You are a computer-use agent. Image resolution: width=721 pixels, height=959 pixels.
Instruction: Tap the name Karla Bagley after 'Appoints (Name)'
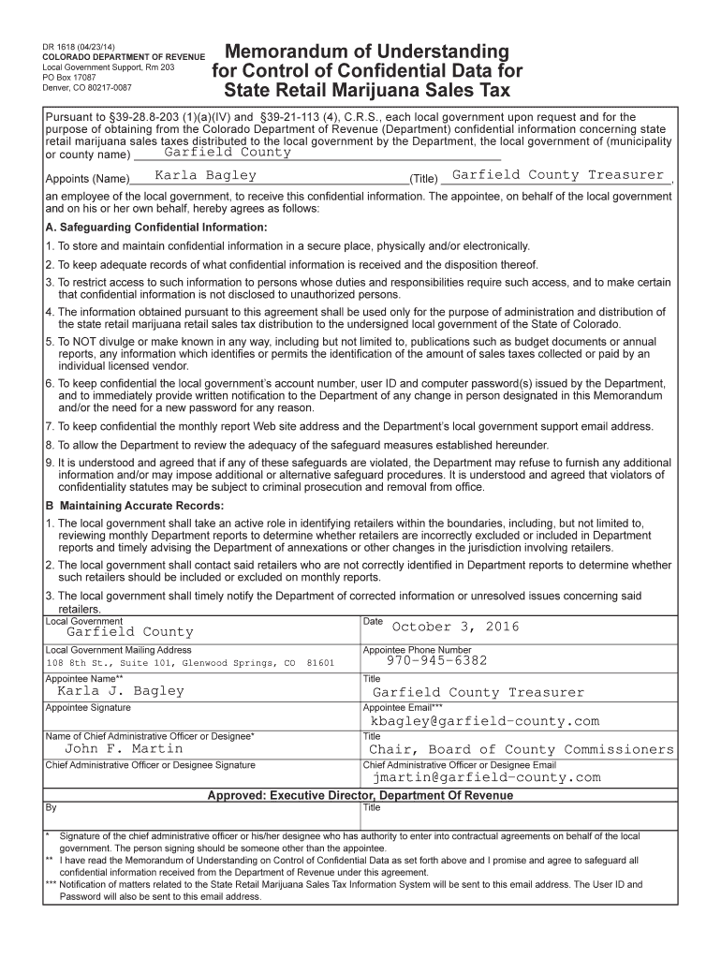coord(205,175)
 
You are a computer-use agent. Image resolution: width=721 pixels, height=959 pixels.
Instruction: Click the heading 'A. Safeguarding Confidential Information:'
coord(156,228)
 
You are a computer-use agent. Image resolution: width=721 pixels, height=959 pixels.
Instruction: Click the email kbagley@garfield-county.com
coord(484,721)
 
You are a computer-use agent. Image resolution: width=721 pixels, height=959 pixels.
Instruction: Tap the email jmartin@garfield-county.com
coord(486,777)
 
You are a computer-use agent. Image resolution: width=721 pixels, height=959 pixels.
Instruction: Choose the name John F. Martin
coord(124,749)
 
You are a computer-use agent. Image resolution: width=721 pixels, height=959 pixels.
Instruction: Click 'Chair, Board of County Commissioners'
coord(521,749)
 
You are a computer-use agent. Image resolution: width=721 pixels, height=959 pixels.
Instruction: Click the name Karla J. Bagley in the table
coord(121,691)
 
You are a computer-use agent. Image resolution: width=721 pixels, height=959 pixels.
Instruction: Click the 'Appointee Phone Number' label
coord(417,650)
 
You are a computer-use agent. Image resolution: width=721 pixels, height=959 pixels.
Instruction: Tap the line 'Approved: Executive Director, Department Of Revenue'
coord(360,795)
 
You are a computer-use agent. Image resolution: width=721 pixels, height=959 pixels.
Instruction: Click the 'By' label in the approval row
coord(51,806)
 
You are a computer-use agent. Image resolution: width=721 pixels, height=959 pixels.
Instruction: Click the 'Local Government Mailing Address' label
coord(118,650)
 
